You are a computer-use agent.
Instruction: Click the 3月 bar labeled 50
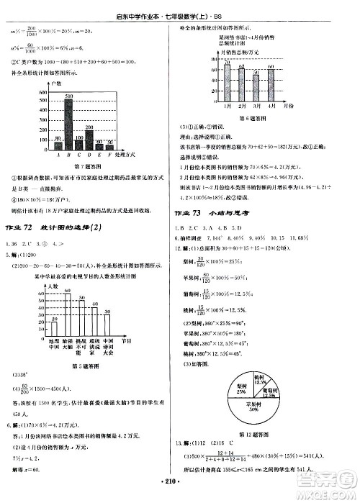pos(256,88)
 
